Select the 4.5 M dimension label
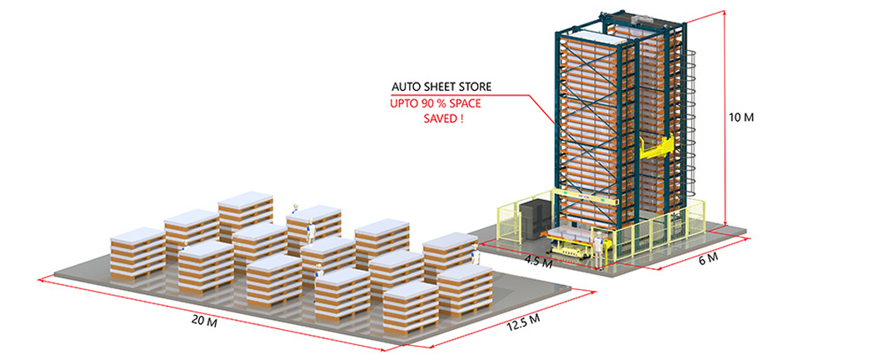(537, 262)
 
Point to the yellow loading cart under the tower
(575, 245)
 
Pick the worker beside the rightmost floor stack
(476, 255)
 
